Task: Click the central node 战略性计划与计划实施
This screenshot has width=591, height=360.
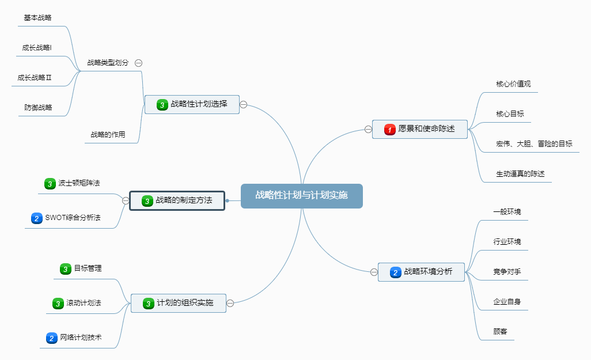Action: pyautogui.click(x=301, y=195)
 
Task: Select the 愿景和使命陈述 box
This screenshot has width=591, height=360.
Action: pyautogui.click(x=419, y=129)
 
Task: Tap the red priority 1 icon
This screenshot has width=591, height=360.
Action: pyautogui.click(x=390, y=130)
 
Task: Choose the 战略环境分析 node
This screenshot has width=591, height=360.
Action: pyautogui.click(x=421, y=272)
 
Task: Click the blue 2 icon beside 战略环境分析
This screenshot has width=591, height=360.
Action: pyautogui.click(x=395, y=272)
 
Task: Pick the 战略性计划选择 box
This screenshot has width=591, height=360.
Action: pyautogui.click(x=192, y=105)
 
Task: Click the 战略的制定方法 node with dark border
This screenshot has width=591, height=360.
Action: pyautogui.click(x=176, y=200)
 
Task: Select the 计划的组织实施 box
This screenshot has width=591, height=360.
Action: pyautogui.click(x=178, y=303)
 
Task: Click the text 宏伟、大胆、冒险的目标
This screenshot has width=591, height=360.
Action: pyautogui.click(x=534, y=143)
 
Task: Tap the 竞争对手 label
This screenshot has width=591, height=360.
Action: pyautogui.click(x=507, y=271)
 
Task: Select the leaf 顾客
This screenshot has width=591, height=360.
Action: pyautogui.click(x=500, y=332)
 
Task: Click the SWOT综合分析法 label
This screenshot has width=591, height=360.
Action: pyautogui.click(x=73, y=218)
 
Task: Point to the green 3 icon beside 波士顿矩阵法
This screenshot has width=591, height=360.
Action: pyautogui.click(x=50, y=184)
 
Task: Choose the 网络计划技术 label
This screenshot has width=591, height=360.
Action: pyautogui.click(x=81, y=338)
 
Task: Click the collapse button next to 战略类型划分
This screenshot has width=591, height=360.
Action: pyautogui.click(x=139, y=63)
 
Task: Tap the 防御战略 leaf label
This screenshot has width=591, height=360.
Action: pyautogui.click(x=38, y=107)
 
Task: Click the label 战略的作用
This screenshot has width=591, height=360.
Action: pyautogui.click(x=108, y=135)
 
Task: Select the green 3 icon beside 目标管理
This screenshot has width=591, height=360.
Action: pyautogui.click(x=66, y=269)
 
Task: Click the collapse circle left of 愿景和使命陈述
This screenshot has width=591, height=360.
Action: pyautogui.click(x=368, y=130)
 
